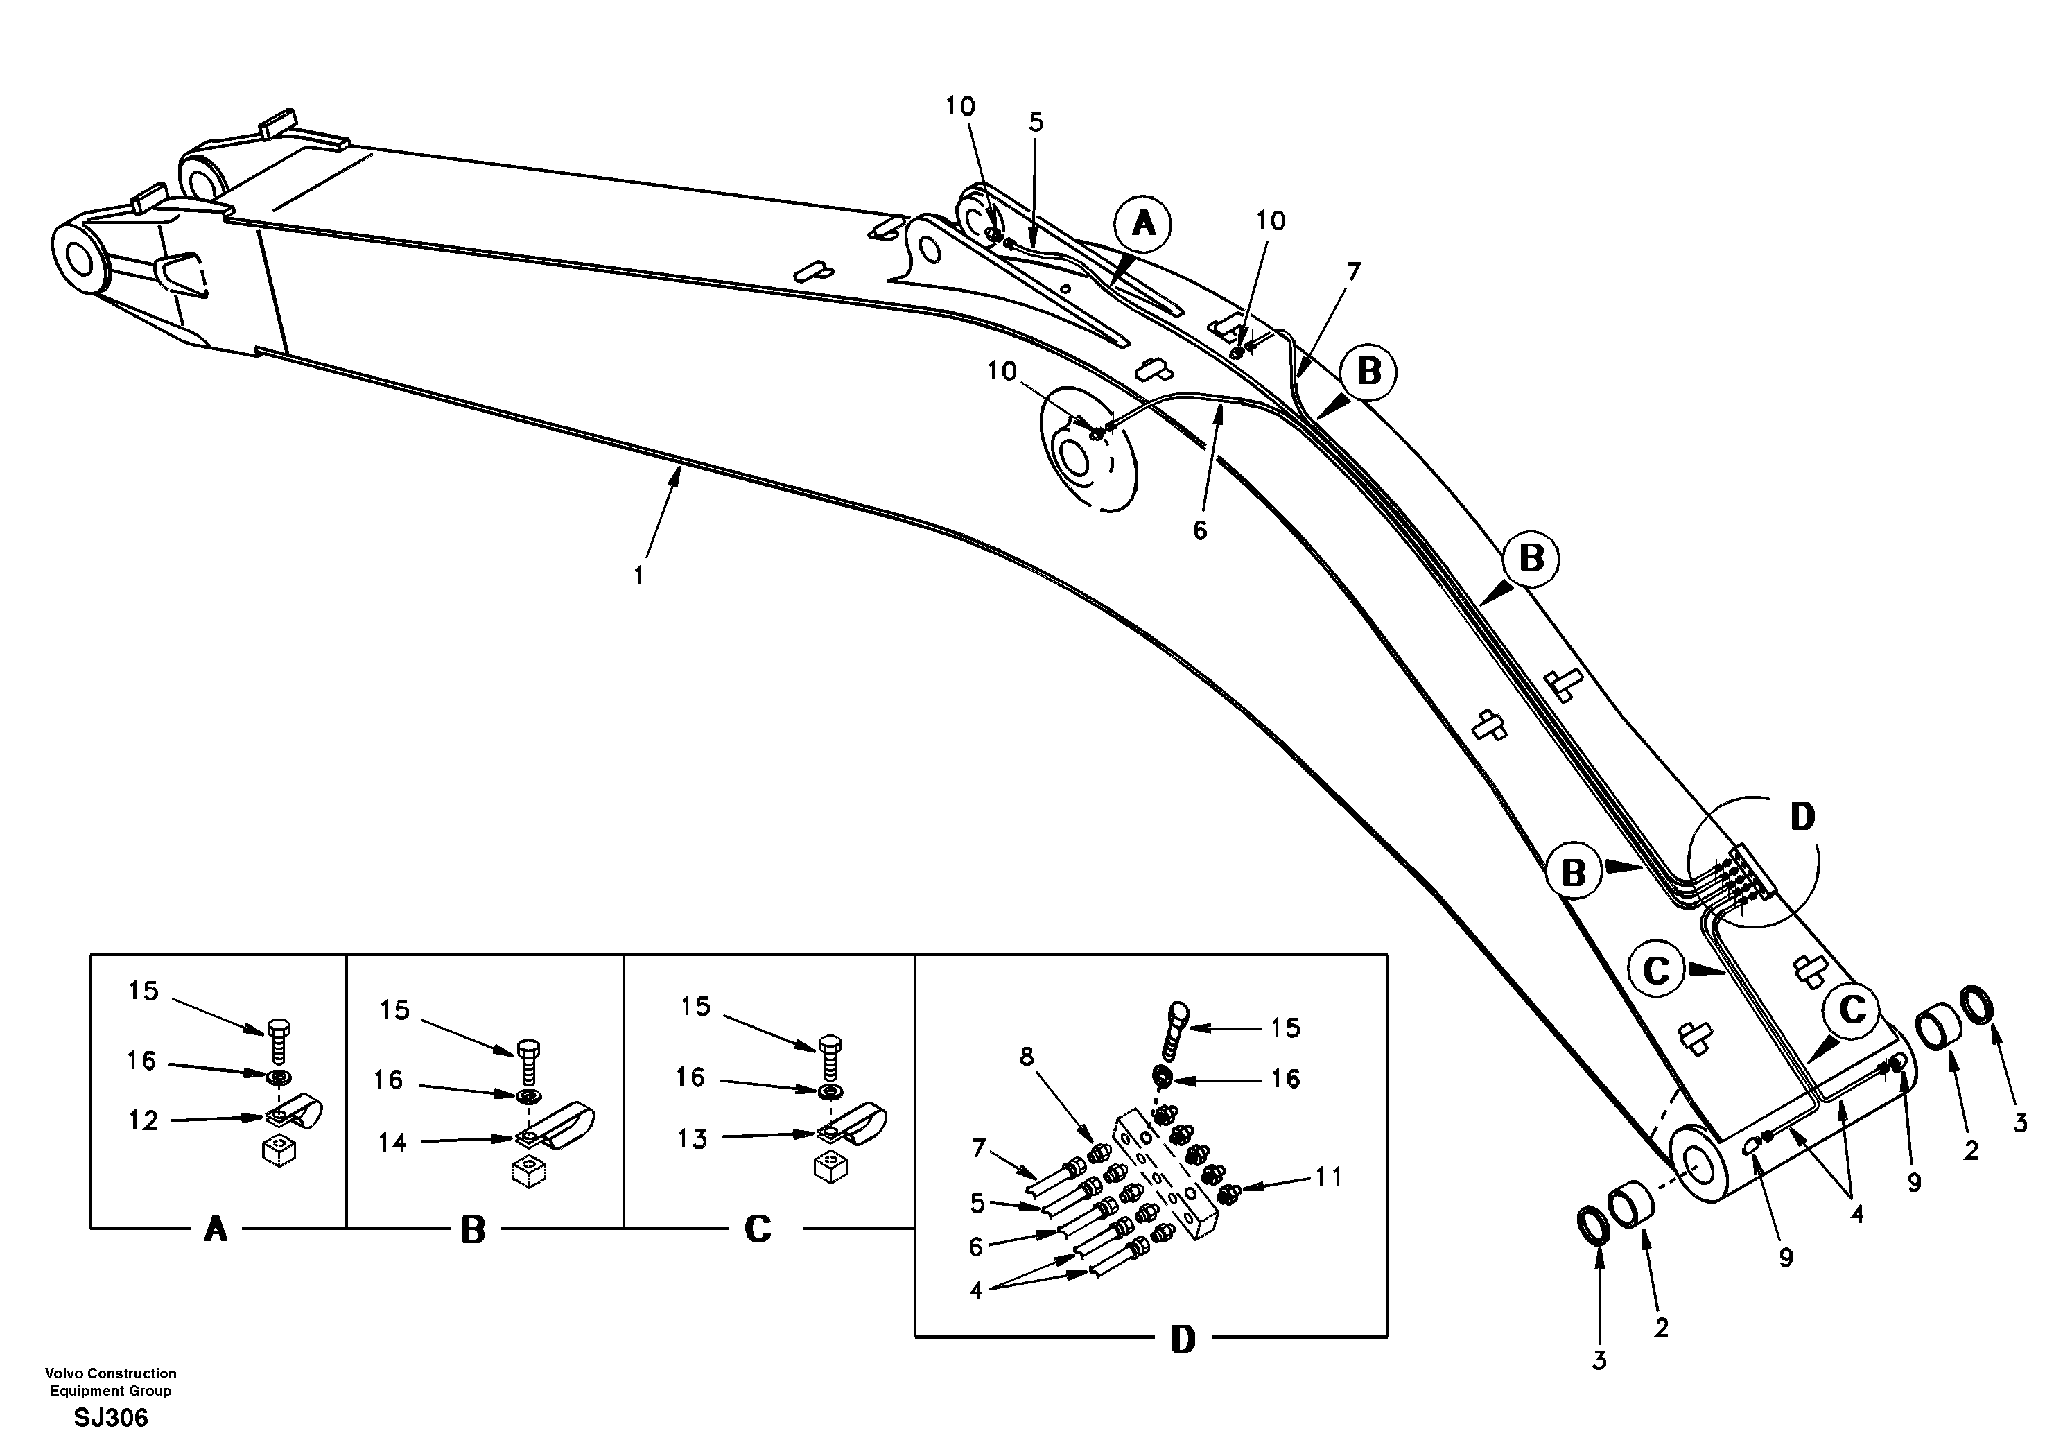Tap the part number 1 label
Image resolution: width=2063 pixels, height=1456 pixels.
[639, 576]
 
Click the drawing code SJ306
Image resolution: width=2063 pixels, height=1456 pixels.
[110, 1419]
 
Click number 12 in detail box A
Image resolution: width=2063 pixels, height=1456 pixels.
[143, 1120]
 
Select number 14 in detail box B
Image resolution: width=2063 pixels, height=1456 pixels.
[392, 1143]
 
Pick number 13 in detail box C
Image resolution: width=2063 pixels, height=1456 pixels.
[692, 1138]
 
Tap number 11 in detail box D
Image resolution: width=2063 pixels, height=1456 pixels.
[1329, 1176]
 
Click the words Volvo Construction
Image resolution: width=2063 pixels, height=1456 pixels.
[110, 1373]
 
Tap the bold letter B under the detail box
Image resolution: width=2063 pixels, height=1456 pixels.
[473, 1231]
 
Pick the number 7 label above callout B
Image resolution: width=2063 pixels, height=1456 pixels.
[1353, 271]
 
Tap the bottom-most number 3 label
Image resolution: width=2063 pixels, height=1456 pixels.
[1599, 1361]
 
